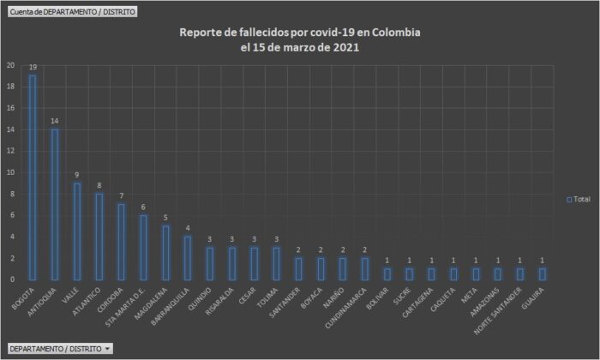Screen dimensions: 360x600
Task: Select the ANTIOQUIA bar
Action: pos(54,204)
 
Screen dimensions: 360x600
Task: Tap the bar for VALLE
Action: pos(76,231)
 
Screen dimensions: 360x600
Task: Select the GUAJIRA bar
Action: pos(543,273)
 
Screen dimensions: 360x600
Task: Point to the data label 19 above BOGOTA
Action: pos(33,67)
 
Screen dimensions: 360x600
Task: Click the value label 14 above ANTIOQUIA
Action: pos(54,121)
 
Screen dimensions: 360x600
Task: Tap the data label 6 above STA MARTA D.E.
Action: pos(143,207)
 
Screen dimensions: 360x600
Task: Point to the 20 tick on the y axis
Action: pos(9,65)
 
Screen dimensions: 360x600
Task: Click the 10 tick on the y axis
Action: pos(9,172)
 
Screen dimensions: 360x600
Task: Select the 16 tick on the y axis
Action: pos(9,108)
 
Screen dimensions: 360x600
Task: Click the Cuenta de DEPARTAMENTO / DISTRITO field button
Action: pos(71,12)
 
